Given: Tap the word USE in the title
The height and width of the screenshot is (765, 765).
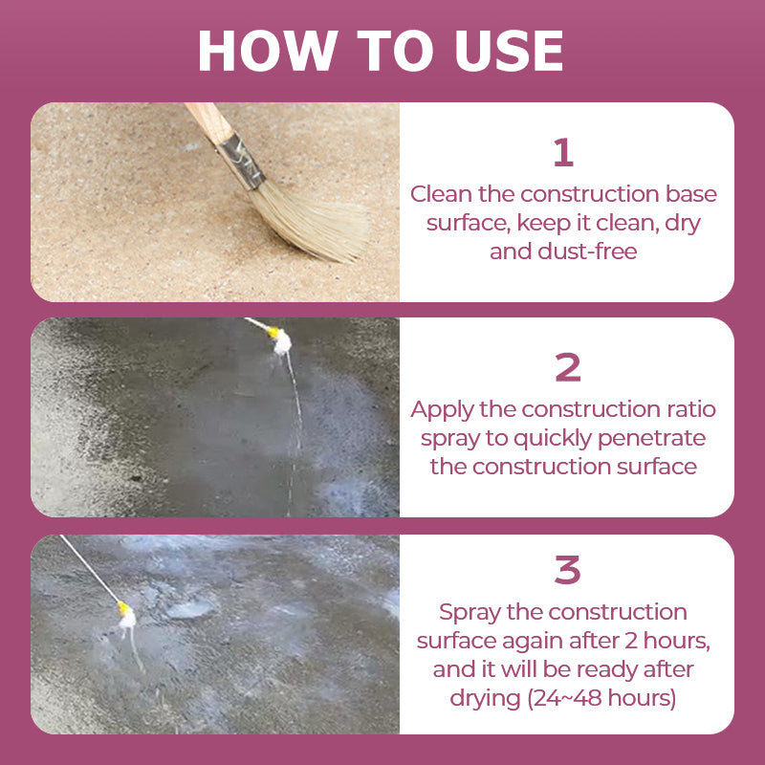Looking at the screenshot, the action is pos(509,51).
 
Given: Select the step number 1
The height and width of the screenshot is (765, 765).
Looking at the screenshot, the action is pos(563,152).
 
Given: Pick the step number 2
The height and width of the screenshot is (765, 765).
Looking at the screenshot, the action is pos(567,367).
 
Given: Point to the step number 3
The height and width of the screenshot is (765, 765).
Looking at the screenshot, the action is pos(567,569).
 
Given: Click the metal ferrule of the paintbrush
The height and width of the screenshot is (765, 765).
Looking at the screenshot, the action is pos(242,161).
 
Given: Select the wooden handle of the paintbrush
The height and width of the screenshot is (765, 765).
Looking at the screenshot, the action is pos(209,122).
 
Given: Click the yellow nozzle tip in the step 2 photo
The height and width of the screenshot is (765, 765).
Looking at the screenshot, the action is pos(273,332).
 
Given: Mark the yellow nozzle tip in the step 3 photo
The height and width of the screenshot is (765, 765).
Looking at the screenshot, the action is pos(123,608).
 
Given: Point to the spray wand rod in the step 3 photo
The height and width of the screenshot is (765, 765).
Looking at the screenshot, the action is pos(89,568).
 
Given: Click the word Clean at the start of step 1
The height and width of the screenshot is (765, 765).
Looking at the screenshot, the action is pos(441,194).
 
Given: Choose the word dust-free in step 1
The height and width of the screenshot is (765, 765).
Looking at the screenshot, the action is pos(587,251).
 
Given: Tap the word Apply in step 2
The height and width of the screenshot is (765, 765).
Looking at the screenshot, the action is pos(442,410).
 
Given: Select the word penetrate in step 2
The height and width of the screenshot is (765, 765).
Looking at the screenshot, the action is pos(651,439).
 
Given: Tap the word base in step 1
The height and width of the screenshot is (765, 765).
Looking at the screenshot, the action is pos(691,194).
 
